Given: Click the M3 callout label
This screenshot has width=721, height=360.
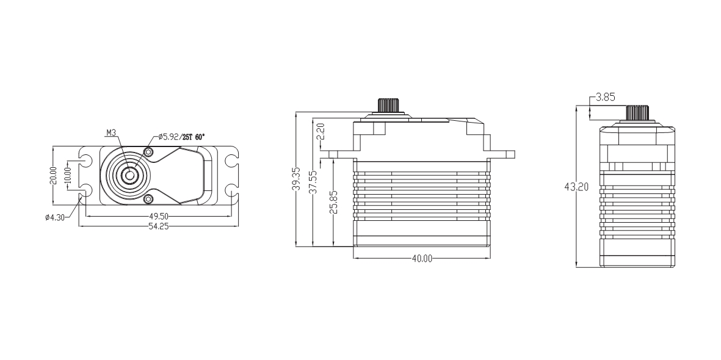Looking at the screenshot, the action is coord(111,133).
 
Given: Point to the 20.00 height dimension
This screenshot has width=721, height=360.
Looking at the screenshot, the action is coord(53,176).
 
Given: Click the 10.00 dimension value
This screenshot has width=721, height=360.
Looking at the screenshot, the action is coord(68,176).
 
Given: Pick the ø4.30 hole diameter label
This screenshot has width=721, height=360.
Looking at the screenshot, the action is coord(55,217).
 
